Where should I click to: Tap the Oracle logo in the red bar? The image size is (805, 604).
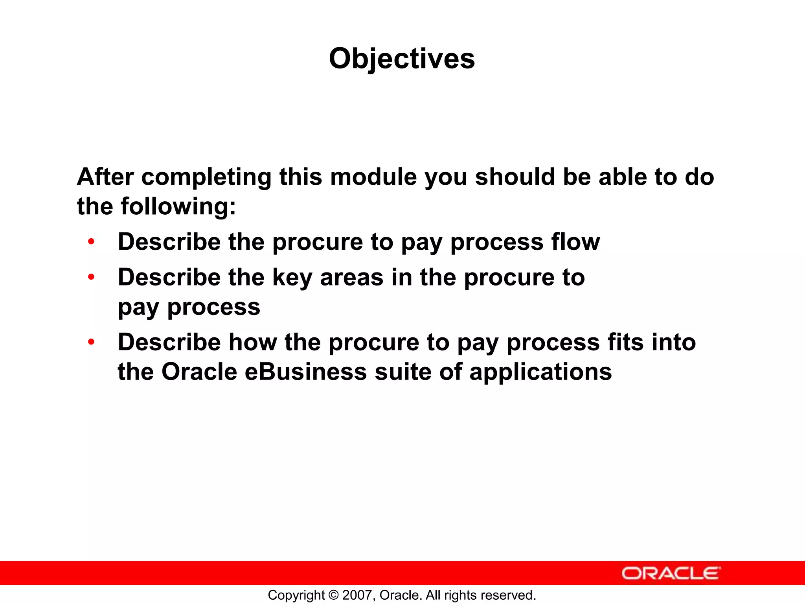tap(671, 573)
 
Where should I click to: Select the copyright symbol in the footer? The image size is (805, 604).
tap(333, 595)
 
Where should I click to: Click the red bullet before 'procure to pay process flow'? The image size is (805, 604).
tap(91, 241)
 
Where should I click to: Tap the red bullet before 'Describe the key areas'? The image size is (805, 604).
tap(91, 277)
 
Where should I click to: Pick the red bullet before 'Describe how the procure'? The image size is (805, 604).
tap(91, 342)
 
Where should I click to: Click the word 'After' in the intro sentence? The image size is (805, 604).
tap(105, 177)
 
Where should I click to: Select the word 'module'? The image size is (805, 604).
tap(373, 177)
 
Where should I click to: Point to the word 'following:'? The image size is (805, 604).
tap(178, 206)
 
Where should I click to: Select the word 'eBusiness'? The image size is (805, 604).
tap(305, 372)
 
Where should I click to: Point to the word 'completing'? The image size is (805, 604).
tap(206, 177)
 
